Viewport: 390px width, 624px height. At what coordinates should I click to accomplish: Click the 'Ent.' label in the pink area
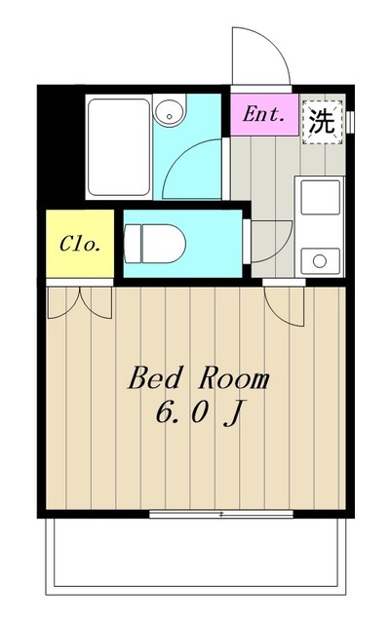click(264, 115)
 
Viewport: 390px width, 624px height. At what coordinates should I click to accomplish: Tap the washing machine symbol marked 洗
click(323, 122)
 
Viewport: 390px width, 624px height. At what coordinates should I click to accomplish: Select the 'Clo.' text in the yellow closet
click(80, 244)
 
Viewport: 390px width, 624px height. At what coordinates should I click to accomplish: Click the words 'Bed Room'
click(199, 378)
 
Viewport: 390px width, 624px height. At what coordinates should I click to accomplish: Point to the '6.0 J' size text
click(199, 412)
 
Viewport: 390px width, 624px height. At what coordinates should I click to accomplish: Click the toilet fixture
click(154, 244)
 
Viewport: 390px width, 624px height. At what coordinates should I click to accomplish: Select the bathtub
click(119, 147)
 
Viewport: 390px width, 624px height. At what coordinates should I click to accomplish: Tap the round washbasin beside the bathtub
click(170, 111)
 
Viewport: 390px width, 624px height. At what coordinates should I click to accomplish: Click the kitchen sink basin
click(321, 197)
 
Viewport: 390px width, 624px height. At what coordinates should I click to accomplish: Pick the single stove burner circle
click(320, 261)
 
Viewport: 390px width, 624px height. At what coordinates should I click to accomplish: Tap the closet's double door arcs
click(80, 303)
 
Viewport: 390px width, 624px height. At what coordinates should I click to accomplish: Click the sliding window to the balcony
click(221, 514)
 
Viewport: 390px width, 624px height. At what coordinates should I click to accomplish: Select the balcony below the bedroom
click(195, 557)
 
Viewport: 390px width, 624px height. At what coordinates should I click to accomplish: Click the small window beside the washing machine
click(350, 122)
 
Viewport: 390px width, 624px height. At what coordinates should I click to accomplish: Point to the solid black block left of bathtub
click(60, 146)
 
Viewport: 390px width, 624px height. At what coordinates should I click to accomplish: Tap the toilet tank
click(133, 244)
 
